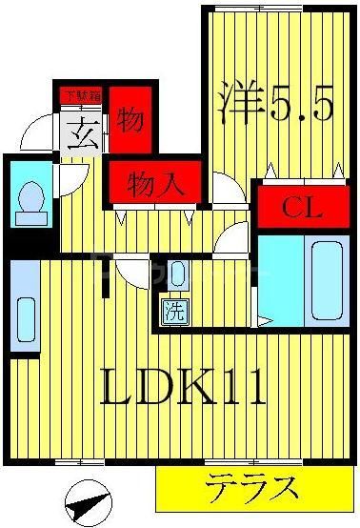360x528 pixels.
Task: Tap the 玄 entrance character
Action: [x=81, y=134]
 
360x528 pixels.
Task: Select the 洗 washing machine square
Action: [x=173, y=310]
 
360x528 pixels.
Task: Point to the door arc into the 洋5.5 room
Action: [x=227, y=188]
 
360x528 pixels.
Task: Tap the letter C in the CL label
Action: [x=284, y=204]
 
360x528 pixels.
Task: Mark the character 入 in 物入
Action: [x=170, y=182]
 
